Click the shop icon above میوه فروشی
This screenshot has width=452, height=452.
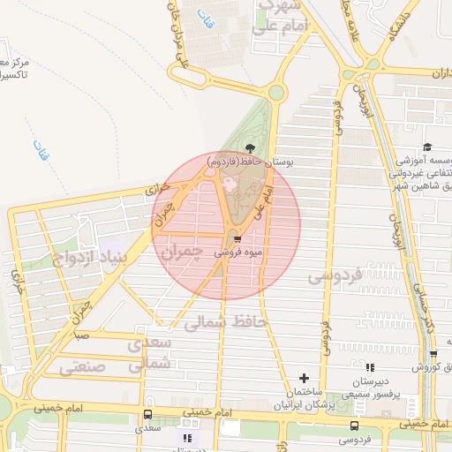[x=237, y=239]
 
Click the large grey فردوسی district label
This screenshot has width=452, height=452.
[x=335, y=276]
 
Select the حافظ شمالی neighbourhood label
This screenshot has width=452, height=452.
[x=224, y=322]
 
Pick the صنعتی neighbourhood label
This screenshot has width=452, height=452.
[x=82, y=365]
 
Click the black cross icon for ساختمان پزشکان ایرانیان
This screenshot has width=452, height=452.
[x=305, y=378]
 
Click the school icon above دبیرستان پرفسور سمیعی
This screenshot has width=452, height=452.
[x=370, y=366]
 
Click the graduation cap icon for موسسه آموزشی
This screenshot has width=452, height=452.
[x=427, y=147]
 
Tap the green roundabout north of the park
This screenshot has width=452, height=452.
[x=277, y=92]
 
